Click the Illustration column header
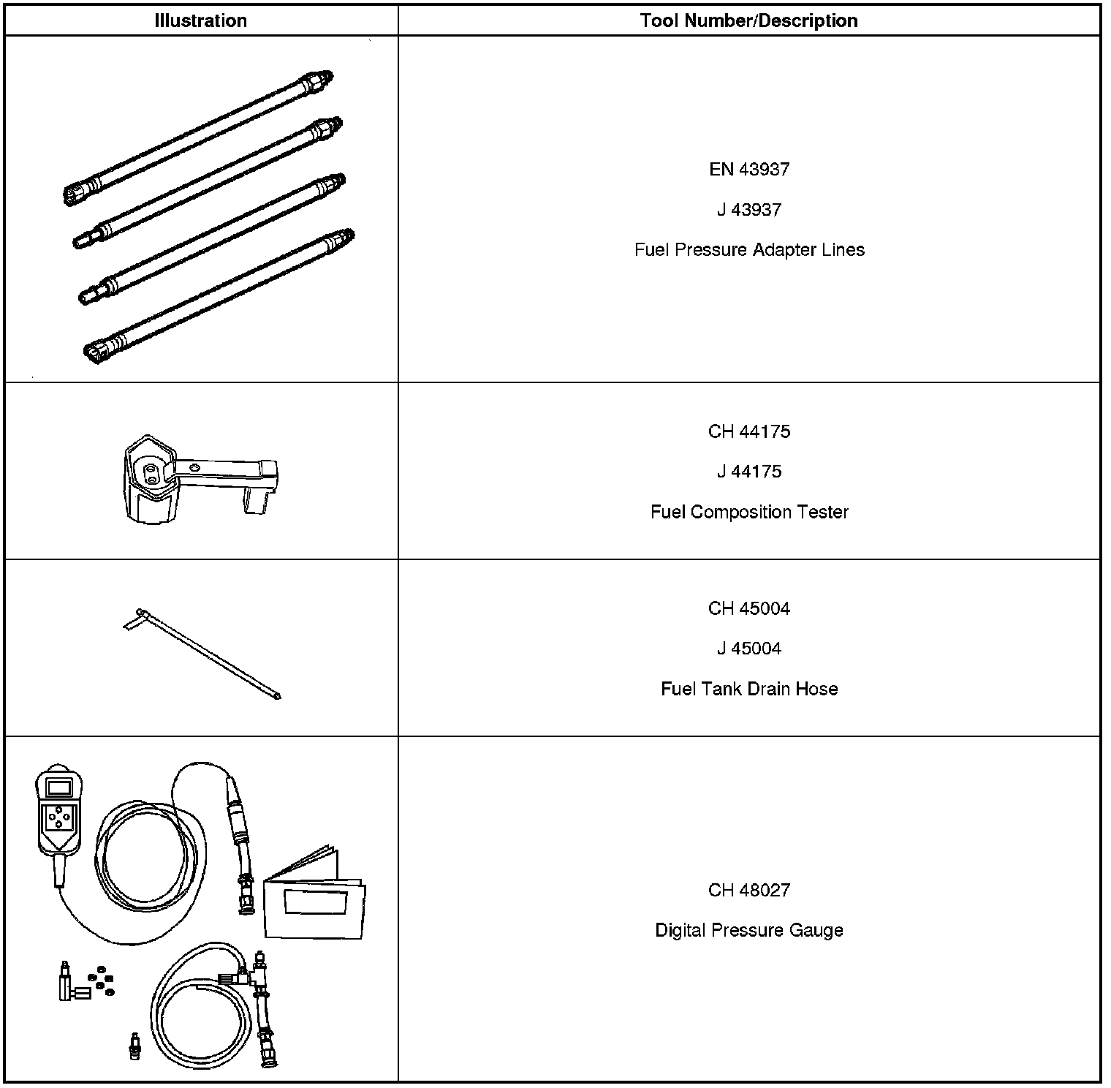pyautogui.click(x=200, y=20)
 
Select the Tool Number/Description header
pyautogui.click(x=748, y=20)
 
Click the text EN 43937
pyautogui.click(x=749, y=170)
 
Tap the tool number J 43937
pyautogui.click(x=749, y=210)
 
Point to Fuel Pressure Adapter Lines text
pyautogui.click(x=749, y=250)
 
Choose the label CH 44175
pyautogui.click(x=749, y=431)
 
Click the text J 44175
pyautogui.click(x=749, y=472)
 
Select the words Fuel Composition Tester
pyautogui.click(x=749, y=512)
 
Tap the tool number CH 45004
pyautogui.click(x=749, y=608)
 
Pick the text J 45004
pyautogui.click(x=749, y=649)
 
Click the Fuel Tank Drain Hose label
pyautogui.click(x=749, y=689)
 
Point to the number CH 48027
pyautogui.click(x=749, y=890)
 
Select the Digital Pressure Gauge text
pyautogui.click(x=749, y=930)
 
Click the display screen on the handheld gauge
pyautogui.click(x=58, y=787)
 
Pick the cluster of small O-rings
pyautogui.click(x=101, y=982)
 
